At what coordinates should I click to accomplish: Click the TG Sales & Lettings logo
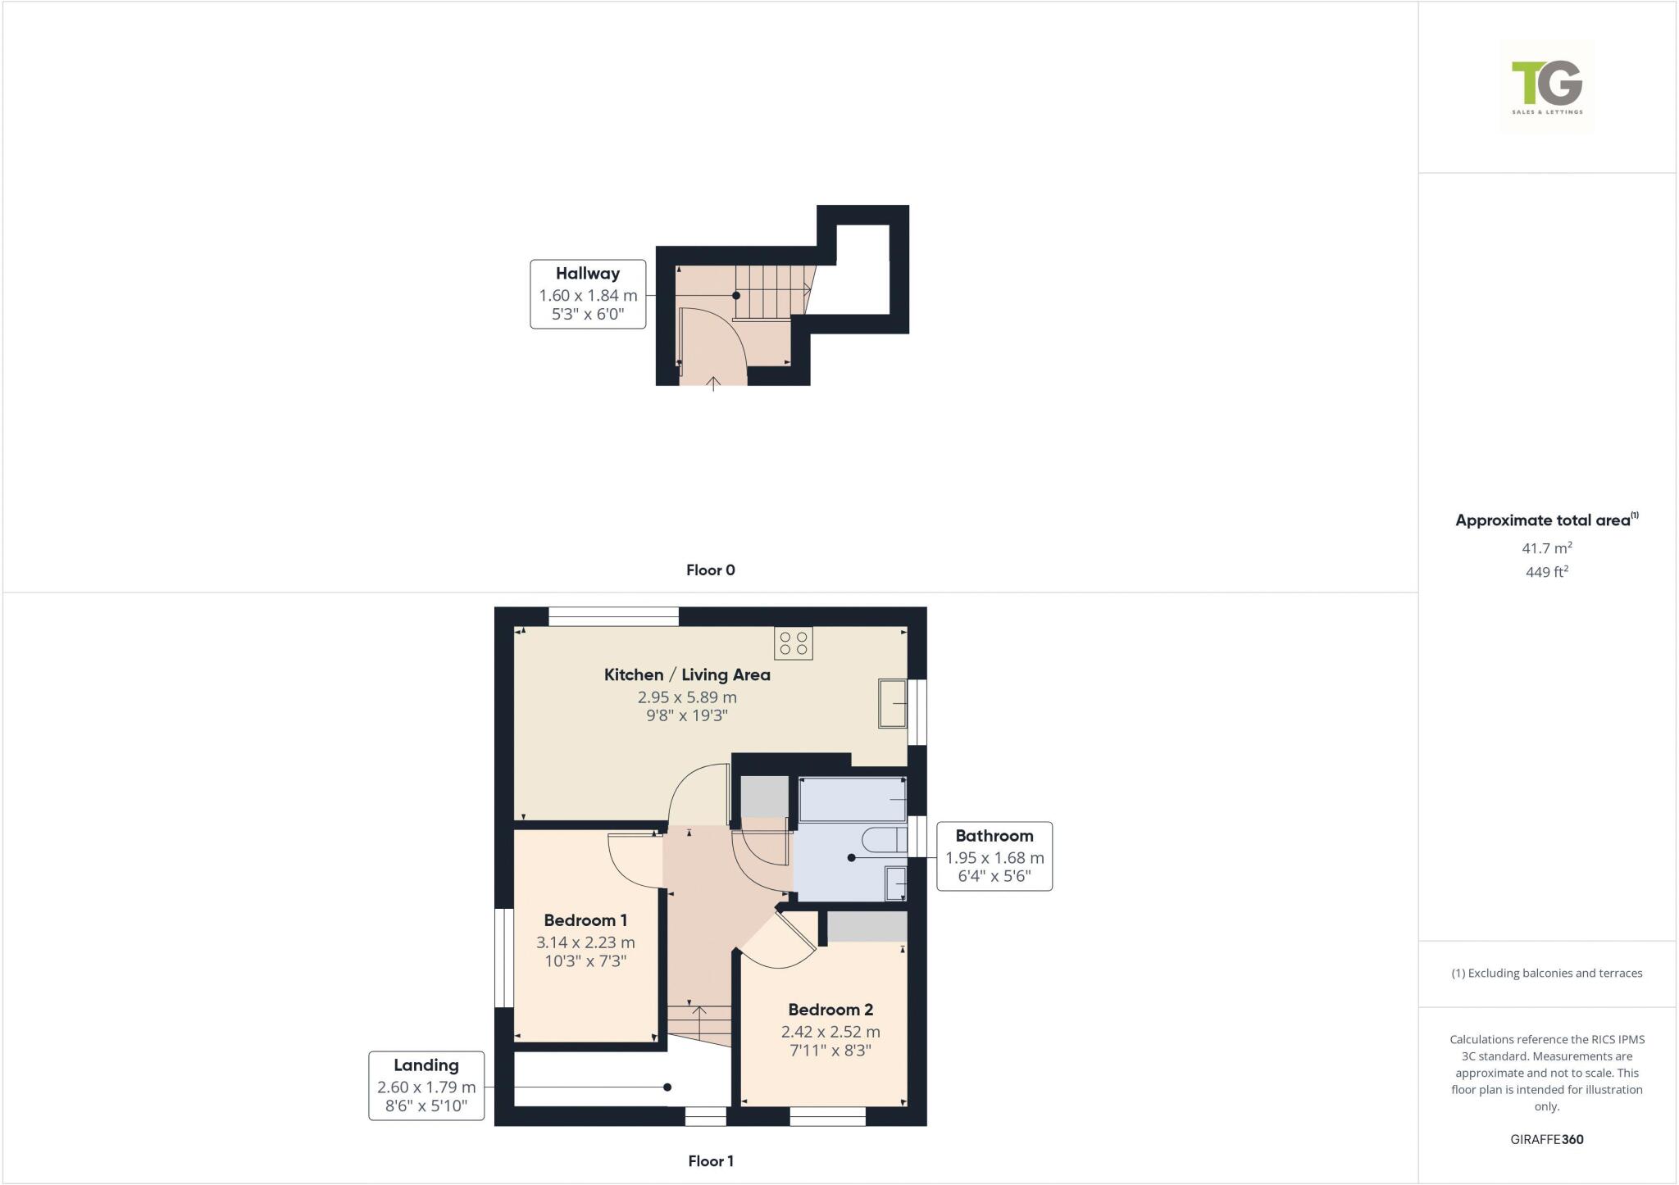tap(1546, 86)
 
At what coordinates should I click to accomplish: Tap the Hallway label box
tap(588, 294)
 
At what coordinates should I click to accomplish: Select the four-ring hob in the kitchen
tap(793, 643)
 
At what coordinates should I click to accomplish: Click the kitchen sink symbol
tap(892, 703)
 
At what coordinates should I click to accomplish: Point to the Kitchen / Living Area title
tap(687, 675)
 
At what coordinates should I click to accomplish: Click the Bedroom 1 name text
tap(585, 920)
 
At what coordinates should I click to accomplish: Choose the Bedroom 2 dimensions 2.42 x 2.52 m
tap(830, 1032)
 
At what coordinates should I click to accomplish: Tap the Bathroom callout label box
tap(994, 856)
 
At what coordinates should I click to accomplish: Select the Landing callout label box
tap(426, 1086)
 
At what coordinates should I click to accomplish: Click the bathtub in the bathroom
tap(853, 799)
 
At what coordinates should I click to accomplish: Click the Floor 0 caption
tap(711, 570)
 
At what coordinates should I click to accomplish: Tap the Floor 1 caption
tap(711, 1161)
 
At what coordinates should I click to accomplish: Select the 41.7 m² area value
tap(1547, 548)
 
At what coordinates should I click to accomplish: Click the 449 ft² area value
tap(1547, 572)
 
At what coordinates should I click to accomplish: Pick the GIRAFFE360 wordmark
tap(1547, 1139)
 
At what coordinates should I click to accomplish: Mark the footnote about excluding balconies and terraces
tap(1547, 974)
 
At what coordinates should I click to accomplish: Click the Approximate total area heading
tap(1544, 520)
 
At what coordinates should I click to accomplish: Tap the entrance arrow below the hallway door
tap(713, 383)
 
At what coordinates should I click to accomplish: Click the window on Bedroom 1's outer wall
tap(503, 957)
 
